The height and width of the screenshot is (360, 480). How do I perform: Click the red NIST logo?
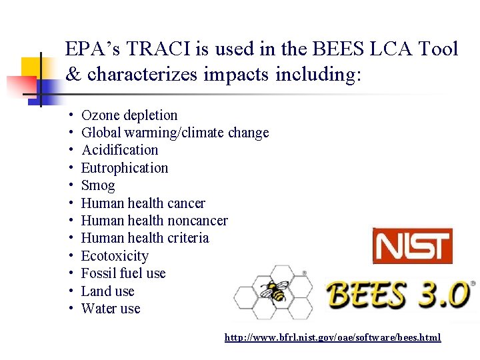pyautogui.click(x=412, y=245)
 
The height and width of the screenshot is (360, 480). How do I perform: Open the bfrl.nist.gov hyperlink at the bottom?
pyautogui.click(x=333, y=337)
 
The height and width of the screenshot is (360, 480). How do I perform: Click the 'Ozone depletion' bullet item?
pyautogui.click(x=129, y=115)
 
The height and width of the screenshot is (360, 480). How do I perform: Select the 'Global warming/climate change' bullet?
pyautogui.click(x=175, y=133)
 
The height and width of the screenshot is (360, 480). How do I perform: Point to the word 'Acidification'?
pyautogui.click(x=120, y=150)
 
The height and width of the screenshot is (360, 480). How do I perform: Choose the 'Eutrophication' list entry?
pyautogui.click(x=125, y=168)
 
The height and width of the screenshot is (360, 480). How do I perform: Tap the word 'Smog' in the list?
pyautogui.click(x=98, y=185)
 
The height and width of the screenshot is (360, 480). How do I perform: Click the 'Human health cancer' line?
pyautogui.click(x=143, y=203)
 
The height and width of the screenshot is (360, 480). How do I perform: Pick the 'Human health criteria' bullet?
pyautogui.click(x=145, y=238)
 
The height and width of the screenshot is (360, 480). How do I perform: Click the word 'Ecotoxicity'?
pyautogui.click(x=115, y=256)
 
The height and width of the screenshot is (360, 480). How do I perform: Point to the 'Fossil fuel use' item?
pyautogui.click(x=123, y=273)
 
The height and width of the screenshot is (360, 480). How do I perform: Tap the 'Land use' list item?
pyautogui.click(x=108, y=291)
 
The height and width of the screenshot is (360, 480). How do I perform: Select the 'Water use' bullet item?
pyautogui.click(x=111, y=309)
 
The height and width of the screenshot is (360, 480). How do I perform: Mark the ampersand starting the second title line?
pyautogui.click(x=73, y=74)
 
